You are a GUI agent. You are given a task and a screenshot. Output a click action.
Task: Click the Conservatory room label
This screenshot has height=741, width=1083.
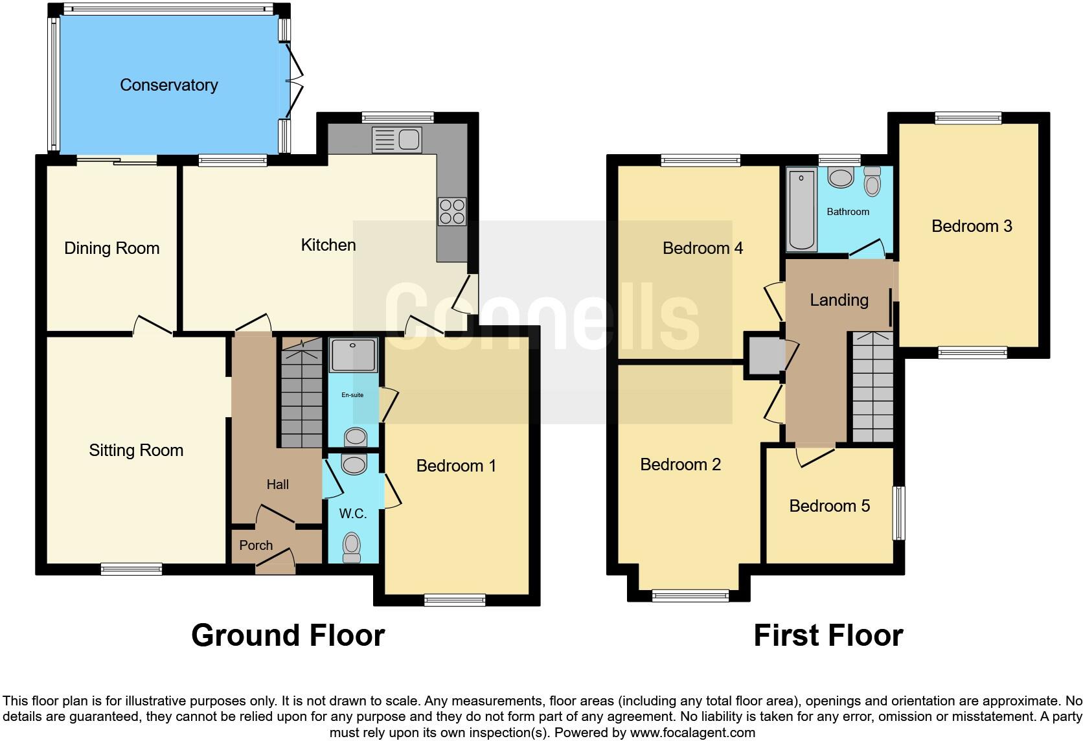click(168, 85)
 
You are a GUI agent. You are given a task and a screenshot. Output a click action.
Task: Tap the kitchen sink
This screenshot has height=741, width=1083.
click(397, 140)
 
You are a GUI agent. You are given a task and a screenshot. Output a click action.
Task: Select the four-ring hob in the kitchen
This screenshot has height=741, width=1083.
click(452, 211)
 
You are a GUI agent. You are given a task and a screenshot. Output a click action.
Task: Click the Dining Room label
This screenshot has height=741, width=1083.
click(111, 248)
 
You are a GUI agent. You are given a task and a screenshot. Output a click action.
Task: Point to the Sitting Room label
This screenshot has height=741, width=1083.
click(136, 450)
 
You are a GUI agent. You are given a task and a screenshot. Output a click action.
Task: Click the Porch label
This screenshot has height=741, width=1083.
click(256, 545)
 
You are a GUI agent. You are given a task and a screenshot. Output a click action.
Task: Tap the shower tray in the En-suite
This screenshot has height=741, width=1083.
click(353, 355)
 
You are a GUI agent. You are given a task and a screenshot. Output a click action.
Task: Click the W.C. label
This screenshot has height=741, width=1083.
click(353, 514)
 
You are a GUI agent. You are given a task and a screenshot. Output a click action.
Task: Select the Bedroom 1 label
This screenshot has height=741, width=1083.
click(456, 466)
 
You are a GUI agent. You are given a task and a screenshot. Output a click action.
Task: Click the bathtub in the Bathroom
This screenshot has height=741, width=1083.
click(801, 211)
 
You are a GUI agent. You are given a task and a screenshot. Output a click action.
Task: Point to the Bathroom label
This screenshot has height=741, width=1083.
click(848, 212)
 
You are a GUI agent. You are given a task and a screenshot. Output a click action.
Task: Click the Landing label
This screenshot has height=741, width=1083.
click(839, 300)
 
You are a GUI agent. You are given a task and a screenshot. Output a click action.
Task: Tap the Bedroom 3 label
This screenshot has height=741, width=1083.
click(972, 226)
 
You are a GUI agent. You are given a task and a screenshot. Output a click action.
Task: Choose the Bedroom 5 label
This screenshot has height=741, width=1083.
click(829, 506)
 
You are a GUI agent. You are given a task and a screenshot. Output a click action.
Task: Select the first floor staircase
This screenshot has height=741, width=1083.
click(872, 389)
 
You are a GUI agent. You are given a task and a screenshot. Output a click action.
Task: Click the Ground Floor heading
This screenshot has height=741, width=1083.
click(288, 635)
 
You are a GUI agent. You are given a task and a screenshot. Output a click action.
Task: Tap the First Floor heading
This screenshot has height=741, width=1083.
click(828, 635)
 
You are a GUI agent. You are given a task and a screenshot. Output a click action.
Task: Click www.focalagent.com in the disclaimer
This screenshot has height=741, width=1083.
click(692, 733)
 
